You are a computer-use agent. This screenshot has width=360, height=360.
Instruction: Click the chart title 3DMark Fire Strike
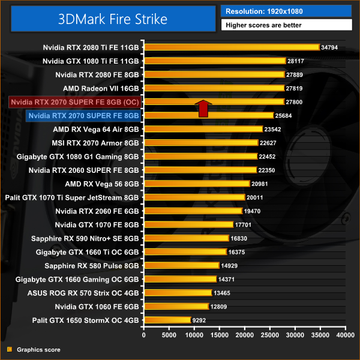[112, 19]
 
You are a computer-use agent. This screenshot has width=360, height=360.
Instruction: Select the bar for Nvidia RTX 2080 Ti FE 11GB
[231, 47]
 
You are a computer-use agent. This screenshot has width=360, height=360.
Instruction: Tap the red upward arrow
[203, 109]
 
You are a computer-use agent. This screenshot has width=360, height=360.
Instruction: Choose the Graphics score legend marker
[9, 349]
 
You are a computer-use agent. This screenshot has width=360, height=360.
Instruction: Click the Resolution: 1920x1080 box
[286, 11]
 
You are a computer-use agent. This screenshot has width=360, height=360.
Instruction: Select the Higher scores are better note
[286, 25]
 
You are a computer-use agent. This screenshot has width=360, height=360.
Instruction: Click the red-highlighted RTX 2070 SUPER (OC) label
[75, 101]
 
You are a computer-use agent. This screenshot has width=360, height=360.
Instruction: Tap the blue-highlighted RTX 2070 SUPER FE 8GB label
[83, 115]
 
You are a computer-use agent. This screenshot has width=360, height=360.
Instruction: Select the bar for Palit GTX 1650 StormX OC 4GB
[167, 320]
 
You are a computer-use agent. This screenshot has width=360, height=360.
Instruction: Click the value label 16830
[238, 238]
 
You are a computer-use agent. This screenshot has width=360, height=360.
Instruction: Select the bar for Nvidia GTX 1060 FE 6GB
[176, 307]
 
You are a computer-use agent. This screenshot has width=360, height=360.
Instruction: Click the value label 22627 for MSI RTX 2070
[268, 143]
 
